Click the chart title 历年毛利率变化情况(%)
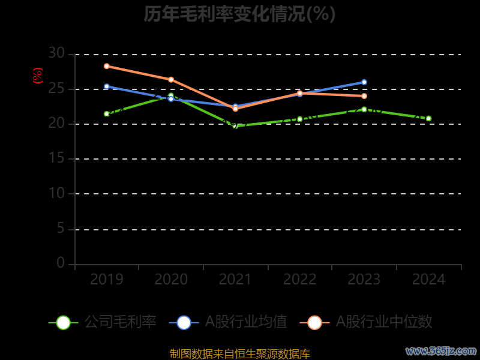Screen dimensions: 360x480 click(239, 14)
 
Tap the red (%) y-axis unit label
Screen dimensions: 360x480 click(38, 76)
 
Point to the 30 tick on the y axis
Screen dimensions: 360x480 click(56, 53)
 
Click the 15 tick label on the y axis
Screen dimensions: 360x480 click(56, 158)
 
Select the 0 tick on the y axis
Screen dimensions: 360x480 click(60, 263)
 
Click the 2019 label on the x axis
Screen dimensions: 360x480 click(107, 280)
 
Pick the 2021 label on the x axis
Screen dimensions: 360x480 click(235, 280)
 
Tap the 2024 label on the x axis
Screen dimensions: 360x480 click(429, 280)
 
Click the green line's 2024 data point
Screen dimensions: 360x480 click(428, 118)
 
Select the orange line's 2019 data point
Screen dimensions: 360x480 click(106, 66)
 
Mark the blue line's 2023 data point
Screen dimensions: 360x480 click(364, 82)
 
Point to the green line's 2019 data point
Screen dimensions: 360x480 click(106, 113)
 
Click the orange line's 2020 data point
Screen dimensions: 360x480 click(171, 79)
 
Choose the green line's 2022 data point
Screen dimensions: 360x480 click(300, 119)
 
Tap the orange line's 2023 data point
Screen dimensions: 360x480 click(364, 96)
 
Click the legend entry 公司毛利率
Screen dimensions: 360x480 click(103, 322)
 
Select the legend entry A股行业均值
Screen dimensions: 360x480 click(229, 322)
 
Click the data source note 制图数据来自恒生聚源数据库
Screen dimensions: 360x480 click(239, 354)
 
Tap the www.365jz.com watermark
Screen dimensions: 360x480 click(441, 350)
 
